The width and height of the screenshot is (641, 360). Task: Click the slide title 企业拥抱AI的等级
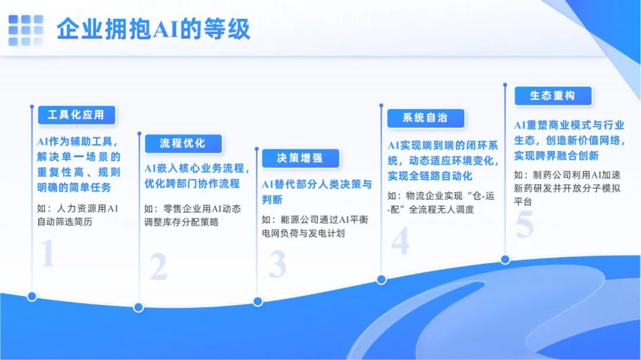[x=153, y=29]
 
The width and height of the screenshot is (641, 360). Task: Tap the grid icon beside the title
[x=26, y=30]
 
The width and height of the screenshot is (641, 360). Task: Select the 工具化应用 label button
[x=77, y=115]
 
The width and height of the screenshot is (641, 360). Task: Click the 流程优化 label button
[x=183, y=144]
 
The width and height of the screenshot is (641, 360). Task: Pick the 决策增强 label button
[x=300, y=158]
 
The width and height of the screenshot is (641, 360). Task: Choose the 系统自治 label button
[x=426, y=118]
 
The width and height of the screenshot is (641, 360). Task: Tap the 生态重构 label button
[x=553, y=96]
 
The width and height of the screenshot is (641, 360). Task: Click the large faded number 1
[x=47, y=253]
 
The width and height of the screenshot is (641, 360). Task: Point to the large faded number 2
[x=158, y=266]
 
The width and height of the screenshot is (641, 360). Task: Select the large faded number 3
[x=278, y=263]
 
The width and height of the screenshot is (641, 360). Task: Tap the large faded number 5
[x=525, y=224]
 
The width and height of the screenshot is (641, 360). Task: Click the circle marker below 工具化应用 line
[x=32, y=297]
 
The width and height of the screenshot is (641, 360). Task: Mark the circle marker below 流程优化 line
[x=138, y=307]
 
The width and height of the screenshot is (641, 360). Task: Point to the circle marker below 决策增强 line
[x=258, y=301]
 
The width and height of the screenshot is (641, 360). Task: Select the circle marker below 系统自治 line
[x=382, y=279]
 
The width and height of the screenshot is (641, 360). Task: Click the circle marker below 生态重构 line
[x=505, y=260]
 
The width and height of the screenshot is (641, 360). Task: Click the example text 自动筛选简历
[x=65, y=222]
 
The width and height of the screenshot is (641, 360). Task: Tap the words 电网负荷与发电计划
[x=303, y=233]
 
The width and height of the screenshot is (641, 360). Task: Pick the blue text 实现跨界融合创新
[x=556, y=156]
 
